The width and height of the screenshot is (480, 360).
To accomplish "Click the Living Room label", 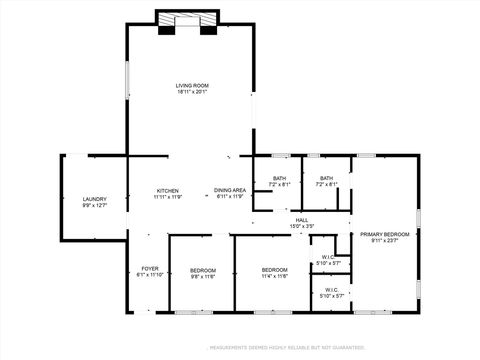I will point(192,86).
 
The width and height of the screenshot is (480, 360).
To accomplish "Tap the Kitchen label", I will point(167,190).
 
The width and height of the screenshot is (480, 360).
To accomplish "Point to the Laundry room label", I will point(94,199).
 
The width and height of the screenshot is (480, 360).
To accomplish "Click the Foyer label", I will point(149,268).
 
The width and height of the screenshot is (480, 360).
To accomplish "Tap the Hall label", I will point(301,220).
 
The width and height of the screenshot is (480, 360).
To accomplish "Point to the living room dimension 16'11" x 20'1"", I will point(192,93).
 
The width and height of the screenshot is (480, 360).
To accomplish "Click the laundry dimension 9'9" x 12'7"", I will point(94,206).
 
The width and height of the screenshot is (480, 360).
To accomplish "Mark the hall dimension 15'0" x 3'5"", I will point(301,226).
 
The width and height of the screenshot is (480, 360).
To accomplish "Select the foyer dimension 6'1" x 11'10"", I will point(149,275).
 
